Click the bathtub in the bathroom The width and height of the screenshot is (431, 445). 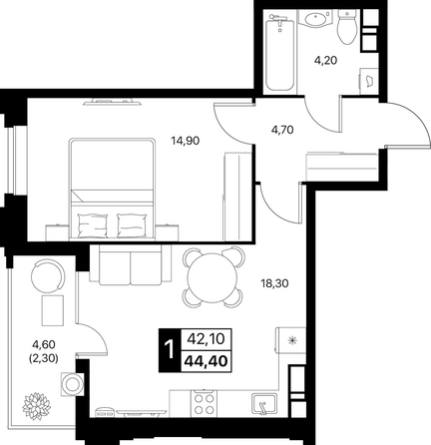click(x=280, y=52)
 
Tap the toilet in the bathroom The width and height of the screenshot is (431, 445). click(x=346, y=26)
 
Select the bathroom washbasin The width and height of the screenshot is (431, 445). click(x=315, y=19)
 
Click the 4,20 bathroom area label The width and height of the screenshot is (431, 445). click(x=326, y=61)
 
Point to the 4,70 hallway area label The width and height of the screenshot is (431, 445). click(x=282, y=130)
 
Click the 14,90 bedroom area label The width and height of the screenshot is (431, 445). click(x=186, y=141)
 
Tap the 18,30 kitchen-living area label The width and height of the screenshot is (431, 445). click(x=274, y=283)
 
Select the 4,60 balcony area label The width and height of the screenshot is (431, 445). click(x=43, y=344)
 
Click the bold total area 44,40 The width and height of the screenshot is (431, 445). click(x=207, y=360)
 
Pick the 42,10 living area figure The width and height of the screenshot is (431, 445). click(x=207, y=339)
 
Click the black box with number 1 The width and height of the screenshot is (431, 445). click(x=170, y=350)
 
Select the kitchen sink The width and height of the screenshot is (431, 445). click(x=264, y=404)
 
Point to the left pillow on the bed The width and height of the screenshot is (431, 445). click(x=93, y=225)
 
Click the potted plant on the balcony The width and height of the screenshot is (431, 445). click(x=36, y=406)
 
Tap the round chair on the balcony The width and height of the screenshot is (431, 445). click(x=48, y=276)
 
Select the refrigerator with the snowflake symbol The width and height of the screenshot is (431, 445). click(x=290, y=340)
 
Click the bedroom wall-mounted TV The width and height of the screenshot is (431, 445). click(x=113, y=102)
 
